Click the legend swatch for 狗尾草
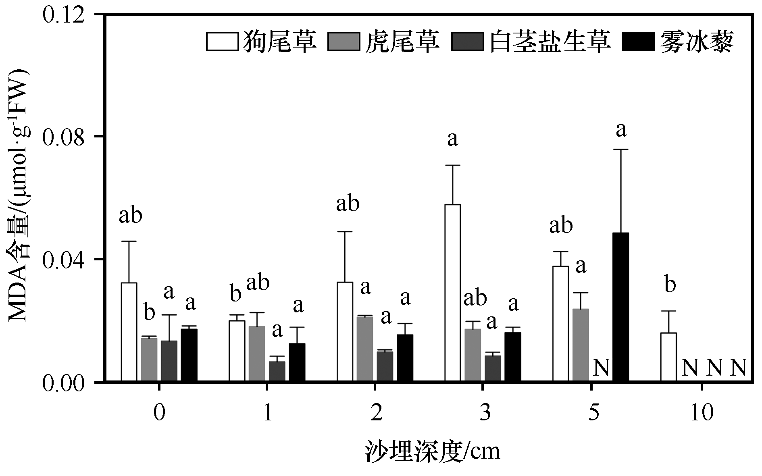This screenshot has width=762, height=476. [x=222, y=42]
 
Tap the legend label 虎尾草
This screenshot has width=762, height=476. [x=402, y=42]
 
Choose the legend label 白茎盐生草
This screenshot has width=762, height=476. [x=550, y=42]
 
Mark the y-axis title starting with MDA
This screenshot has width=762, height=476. [x=19, y=196]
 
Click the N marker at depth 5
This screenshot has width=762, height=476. [x=601, y=368]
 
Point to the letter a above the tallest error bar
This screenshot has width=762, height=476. [x=621, y=130]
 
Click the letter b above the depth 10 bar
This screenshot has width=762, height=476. [x=670, y=285]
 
